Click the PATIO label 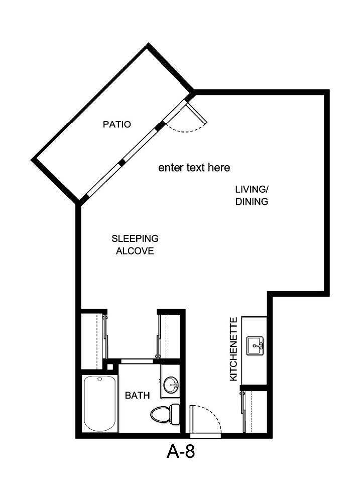click(117, 124)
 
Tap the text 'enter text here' click(194, 168)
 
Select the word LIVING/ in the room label click(252, 189)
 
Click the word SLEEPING click(135, 238)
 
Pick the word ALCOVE click(135, 251)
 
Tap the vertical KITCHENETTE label click(233, 349)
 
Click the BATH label click(137, 396)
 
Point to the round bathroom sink click(171, 385)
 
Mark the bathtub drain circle click(99, 380)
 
